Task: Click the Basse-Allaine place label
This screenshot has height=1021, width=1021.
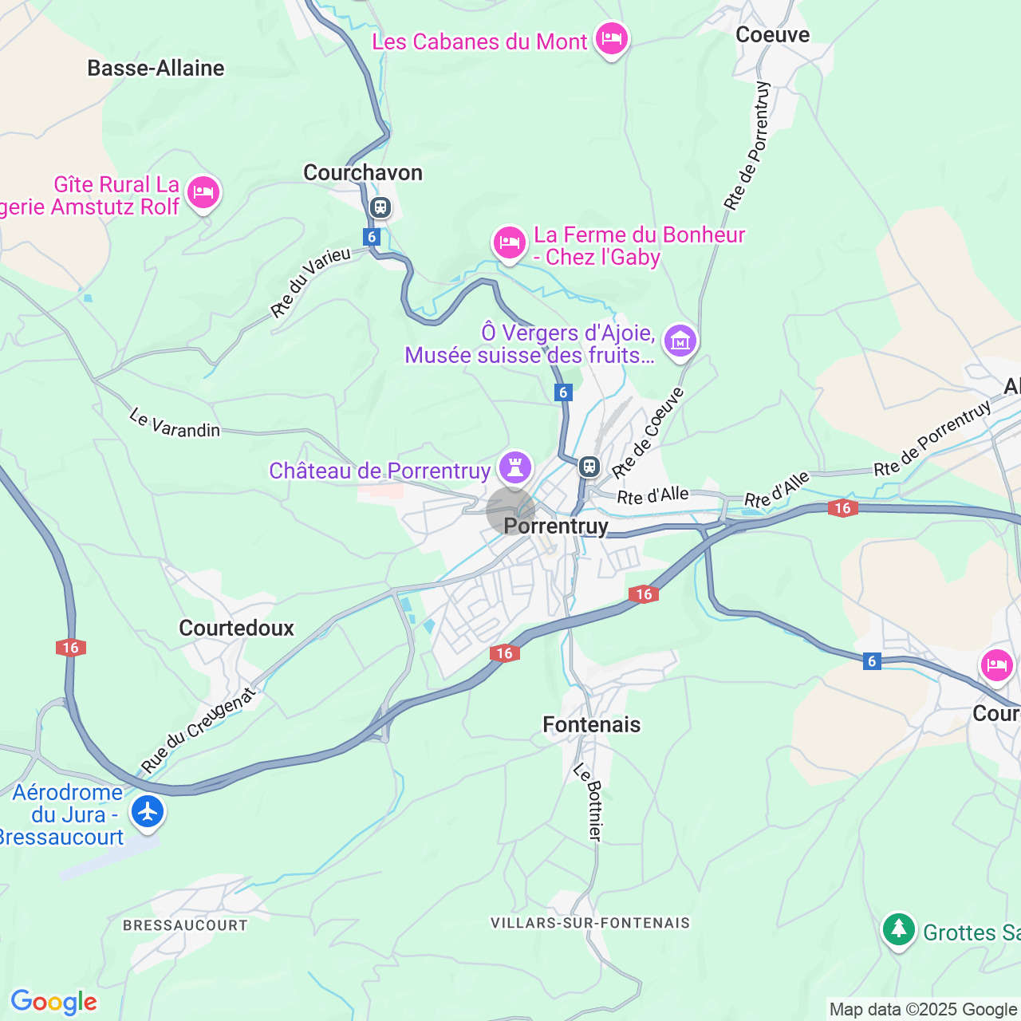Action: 156,69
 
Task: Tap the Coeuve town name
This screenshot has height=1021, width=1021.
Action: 772,35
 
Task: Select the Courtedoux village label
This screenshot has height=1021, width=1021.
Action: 236,629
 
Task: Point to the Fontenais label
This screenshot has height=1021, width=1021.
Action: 591,725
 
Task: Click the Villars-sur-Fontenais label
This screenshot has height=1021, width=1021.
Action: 590,923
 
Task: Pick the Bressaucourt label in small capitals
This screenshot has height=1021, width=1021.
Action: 185,925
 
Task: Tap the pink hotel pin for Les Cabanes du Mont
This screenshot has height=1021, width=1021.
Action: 612,38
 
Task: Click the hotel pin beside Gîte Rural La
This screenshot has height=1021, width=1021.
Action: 203,193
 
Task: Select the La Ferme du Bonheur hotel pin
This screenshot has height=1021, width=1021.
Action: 509,242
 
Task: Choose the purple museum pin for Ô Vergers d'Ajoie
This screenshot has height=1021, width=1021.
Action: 680,341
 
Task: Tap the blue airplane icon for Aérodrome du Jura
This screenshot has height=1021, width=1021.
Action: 148,812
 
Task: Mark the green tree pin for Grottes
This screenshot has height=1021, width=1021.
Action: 899,929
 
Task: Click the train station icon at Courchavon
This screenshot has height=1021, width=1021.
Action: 380,208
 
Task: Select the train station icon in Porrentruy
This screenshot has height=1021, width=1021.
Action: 589,466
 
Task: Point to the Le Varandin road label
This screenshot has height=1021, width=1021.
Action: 175,424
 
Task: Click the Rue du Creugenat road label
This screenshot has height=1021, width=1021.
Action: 199,731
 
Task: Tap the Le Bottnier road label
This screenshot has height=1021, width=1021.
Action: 589,802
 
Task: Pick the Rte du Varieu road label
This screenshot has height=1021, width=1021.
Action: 310,282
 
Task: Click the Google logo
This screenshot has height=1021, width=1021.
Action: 53,1002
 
